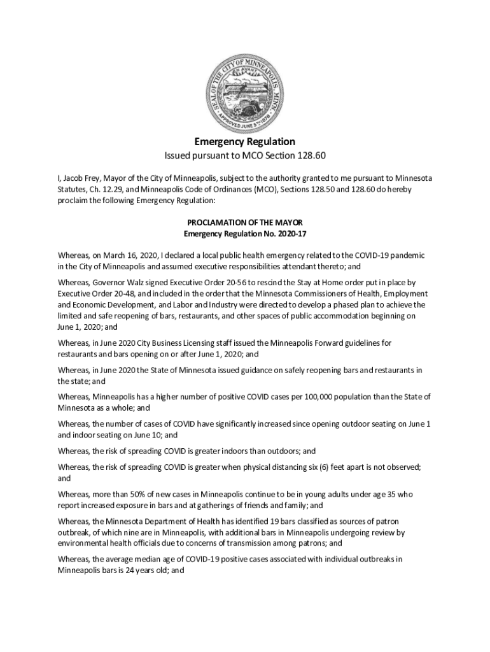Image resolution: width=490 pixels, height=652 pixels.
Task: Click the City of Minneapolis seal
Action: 245,90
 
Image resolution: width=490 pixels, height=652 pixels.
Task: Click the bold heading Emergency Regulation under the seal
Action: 245,141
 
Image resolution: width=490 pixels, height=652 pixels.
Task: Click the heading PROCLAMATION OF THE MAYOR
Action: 245,223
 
